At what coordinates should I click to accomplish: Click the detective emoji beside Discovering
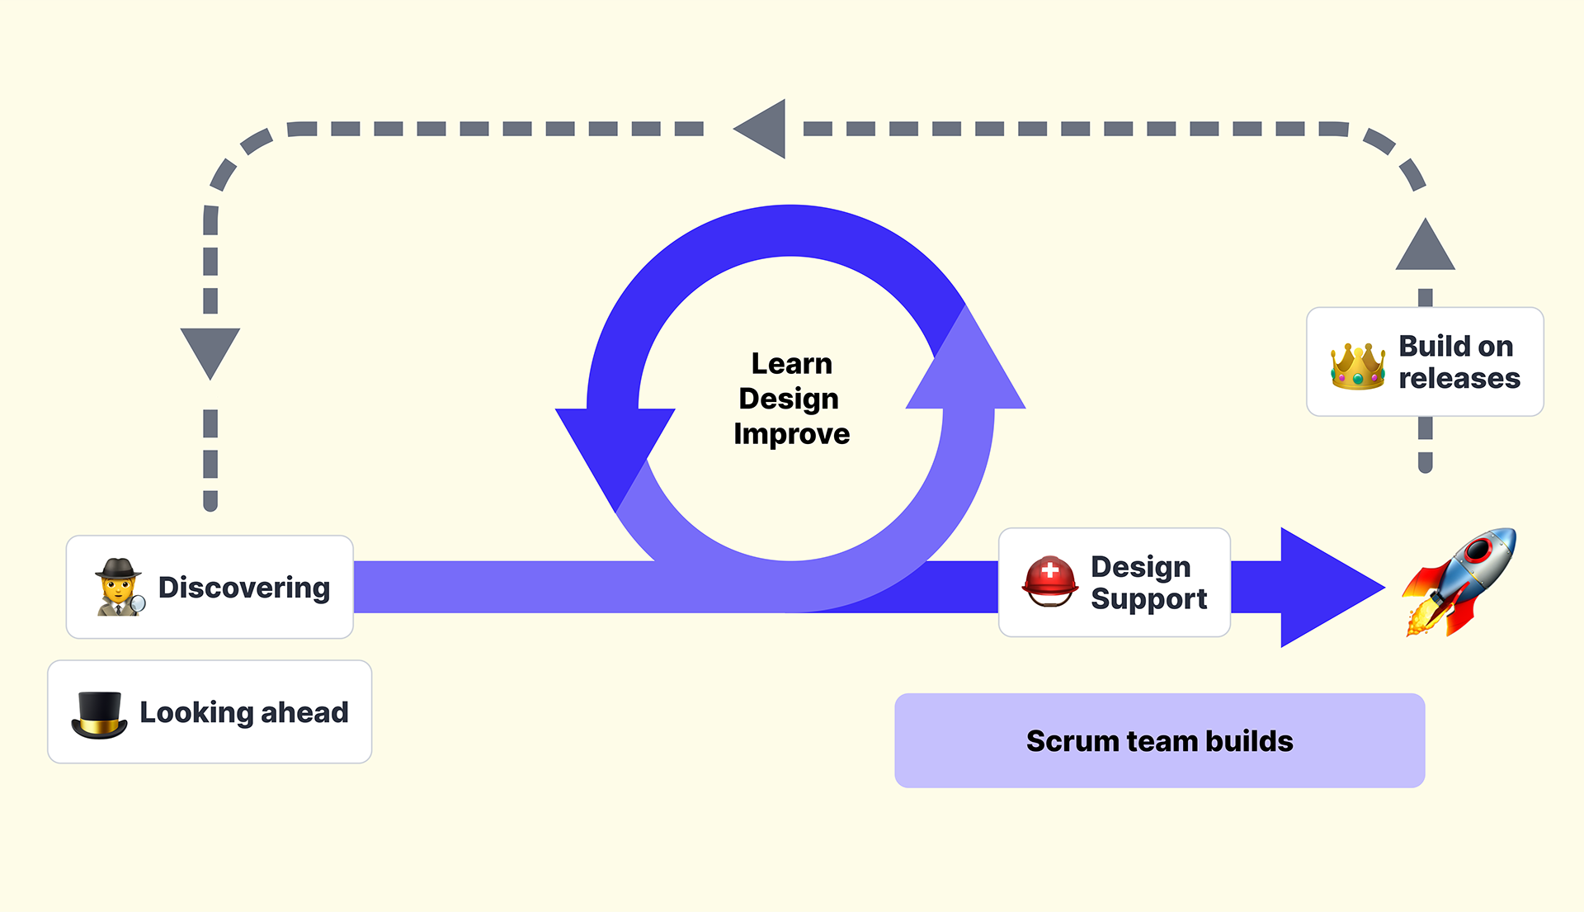[x=120, y=587]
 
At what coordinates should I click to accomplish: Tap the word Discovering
[x=244, y=588]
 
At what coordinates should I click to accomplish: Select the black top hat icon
[x=99, y=715]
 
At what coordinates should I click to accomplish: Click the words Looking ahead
[x=244, y=712]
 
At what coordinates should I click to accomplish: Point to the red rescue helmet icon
[x=1049, y=581]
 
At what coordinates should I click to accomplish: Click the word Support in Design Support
[x=1148, y=600]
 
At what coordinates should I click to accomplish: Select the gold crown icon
[x=1357, y=366]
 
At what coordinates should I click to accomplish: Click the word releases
[x=1459, y=378]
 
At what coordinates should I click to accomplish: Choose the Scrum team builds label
[x=1160, y=740]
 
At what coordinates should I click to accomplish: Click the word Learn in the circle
[x=791, y=363]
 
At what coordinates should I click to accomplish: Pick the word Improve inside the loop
[x=791, y=434]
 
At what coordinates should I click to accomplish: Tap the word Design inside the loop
[x=789, y=399]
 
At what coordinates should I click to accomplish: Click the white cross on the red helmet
[x=1050, y=569]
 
